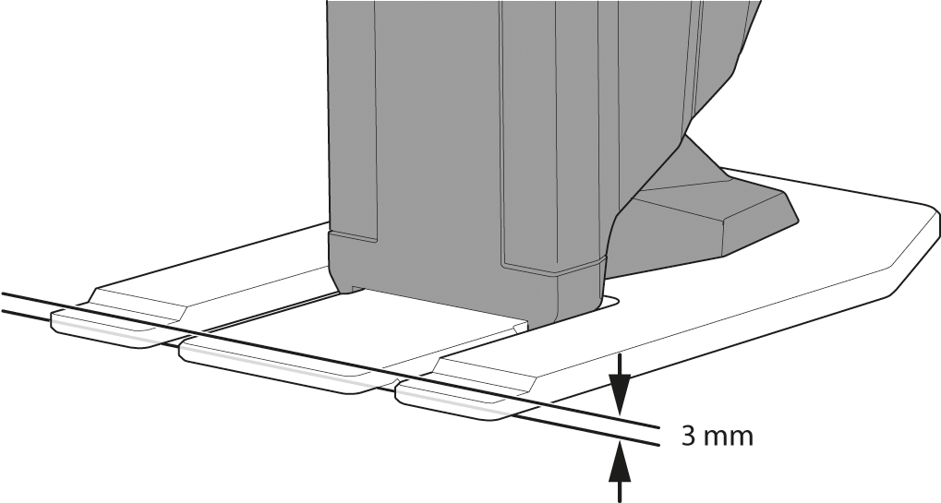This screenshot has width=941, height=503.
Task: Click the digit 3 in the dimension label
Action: point(688,436)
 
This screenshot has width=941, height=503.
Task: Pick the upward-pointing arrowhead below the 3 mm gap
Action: point(620,462)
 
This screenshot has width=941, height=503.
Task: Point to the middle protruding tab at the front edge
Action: point(288,365)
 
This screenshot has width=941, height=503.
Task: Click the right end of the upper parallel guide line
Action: point(659,427)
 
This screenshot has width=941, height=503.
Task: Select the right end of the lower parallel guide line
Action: point(659,445)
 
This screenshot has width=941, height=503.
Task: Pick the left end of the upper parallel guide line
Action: point(3,293)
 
